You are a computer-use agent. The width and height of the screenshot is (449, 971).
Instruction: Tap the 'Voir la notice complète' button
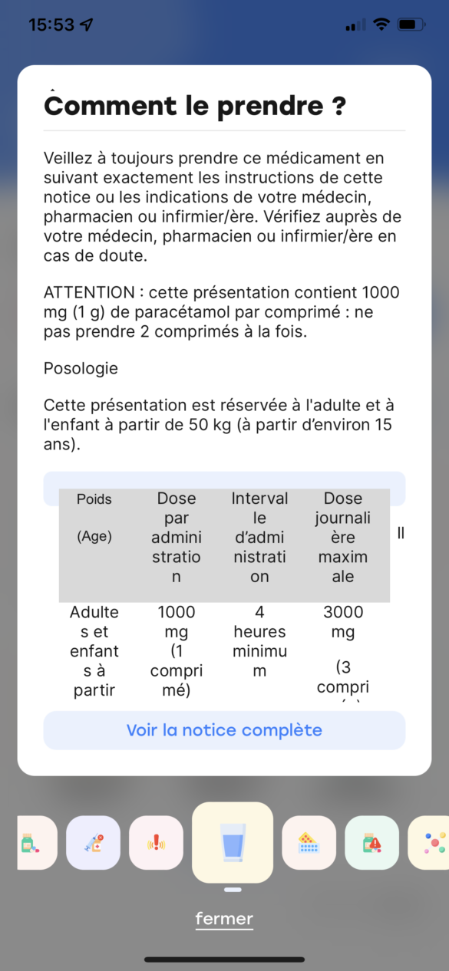click(x=224, y=730)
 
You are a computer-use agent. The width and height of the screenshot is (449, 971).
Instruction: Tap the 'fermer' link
click(x=224, y=918)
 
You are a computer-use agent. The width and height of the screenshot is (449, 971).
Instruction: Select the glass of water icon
click(x=233, y=842)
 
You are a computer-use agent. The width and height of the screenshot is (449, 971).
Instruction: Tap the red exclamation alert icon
click(x=156, y=843)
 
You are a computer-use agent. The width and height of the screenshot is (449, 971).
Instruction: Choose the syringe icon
click(x=93, y=843)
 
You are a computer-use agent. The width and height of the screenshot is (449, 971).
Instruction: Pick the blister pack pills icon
click(x=309, y=843)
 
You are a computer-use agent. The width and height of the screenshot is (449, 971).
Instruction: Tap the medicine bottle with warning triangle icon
click(x=371, y=843)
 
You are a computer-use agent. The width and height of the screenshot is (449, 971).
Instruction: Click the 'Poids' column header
click(x=94, y=499)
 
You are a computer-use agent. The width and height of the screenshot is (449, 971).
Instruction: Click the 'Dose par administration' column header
click(x=177, y=537)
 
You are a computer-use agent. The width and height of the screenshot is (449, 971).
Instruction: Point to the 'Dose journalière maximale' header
click(x=343, y=537)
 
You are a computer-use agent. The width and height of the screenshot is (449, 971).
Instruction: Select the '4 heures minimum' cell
click(x=259, y=641)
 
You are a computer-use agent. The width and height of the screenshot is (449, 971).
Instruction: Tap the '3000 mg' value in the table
click(x=343, y=622)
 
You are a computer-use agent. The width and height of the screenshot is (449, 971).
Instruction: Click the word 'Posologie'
click(x=81, y=368)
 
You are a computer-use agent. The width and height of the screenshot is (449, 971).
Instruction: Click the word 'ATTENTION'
click(x=88, y=293)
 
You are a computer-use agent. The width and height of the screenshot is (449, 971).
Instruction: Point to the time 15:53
click(x=51, y=25)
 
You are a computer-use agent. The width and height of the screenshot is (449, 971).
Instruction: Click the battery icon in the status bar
click(x=411, y=25)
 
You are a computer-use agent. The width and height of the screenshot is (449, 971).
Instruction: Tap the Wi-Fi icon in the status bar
click(x=381, y=25)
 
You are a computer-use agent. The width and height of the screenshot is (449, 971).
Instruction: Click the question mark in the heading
click(x=338, y=107)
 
